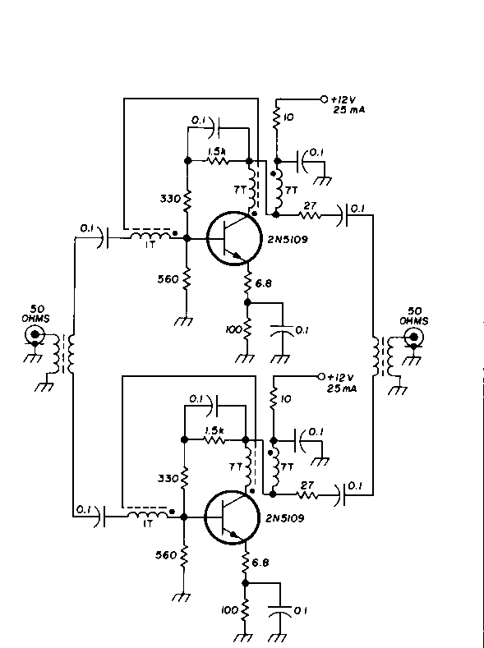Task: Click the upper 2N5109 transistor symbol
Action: click(x=234, y=238)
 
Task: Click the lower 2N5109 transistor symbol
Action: click(x=232, y=517)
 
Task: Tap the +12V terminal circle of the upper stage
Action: click(x=324, y=99)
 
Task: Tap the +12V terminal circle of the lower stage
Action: click(x=321, y=376)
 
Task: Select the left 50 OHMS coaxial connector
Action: click(x=35, y=334)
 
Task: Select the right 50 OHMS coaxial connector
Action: click(x=413, y=338)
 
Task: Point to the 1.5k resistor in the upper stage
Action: click(x=218, y=160)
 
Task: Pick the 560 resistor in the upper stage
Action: click(x=187, y=279)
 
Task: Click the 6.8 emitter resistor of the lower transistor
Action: click(x=246, y=563)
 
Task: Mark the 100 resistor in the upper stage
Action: click(x=247, y=329)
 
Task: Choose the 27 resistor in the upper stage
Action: click(x=309, y=215)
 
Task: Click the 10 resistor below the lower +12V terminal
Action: click(x=273, y=399)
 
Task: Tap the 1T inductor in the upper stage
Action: click(x=150, y=236)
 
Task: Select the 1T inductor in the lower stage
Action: click(x=148, y=514)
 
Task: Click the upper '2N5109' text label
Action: click(x=288, y=240)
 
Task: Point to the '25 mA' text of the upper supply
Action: click(x=349, y=110)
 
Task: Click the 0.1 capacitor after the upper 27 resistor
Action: click(x=343, y=215)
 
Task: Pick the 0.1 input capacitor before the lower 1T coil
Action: click(x=100, y=516)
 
